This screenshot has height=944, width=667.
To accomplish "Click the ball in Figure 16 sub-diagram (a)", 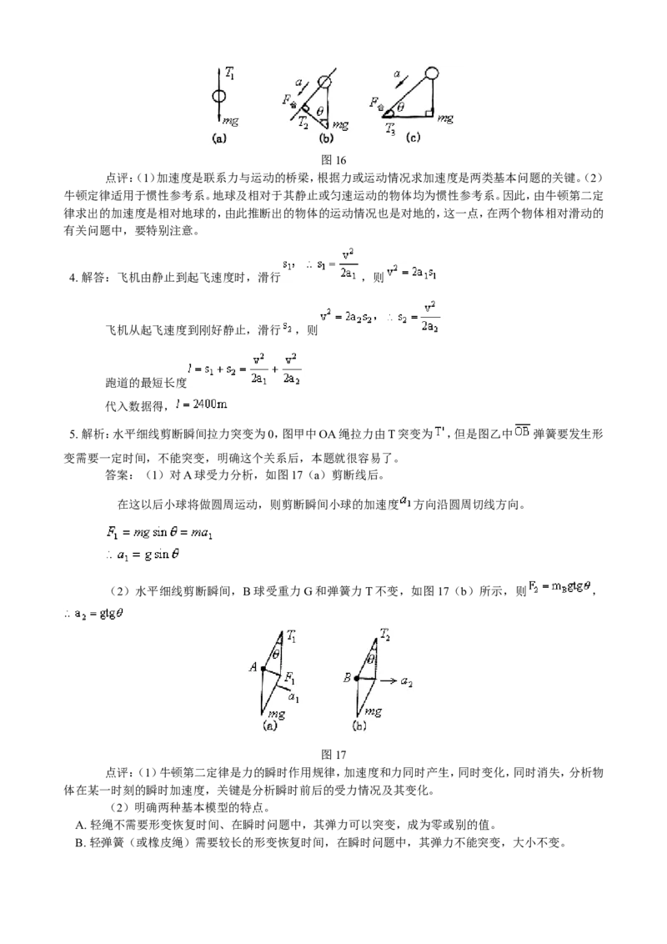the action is click(220, 97).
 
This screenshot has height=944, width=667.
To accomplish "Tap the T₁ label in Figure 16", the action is click(229, 73).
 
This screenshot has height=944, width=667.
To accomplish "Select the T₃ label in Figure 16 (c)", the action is click(392, 128).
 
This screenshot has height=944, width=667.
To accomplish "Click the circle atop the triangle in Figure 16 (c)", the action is click(432, 73).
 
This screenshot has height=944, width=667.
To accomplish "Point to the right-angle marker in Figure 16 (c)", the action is click(429, 113).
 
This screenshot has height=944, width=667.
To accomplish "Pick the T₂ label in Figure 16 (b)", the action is click(303, 123).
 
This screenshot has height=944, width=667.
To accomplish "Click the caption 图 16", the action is click(333, 159).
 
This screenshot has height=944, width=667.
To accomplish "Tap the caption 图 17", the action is click(333, 755).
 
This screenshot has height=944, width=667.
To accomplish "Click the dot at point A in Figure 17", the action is click(263, 668).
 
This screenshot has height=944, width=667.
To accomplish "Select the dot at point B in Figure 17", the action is click(356, 679).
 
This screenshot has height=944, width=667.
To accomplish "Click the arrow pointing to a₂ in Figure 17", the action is click(387, 681).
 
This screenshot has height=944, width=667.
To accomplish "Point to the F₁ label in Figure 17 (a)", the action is click(289, 679).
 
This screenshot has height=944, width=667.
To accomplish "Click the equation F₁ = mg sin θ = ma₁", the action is click(159, 533).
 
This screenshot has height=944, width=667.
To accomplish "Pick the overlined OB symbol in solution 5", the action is click(522, 431).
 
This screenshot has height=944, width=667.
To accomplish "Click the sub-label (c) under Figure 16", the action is click(413, 138).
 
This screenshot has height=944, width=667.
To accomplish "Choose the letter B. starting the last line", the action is click(80, 843).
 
